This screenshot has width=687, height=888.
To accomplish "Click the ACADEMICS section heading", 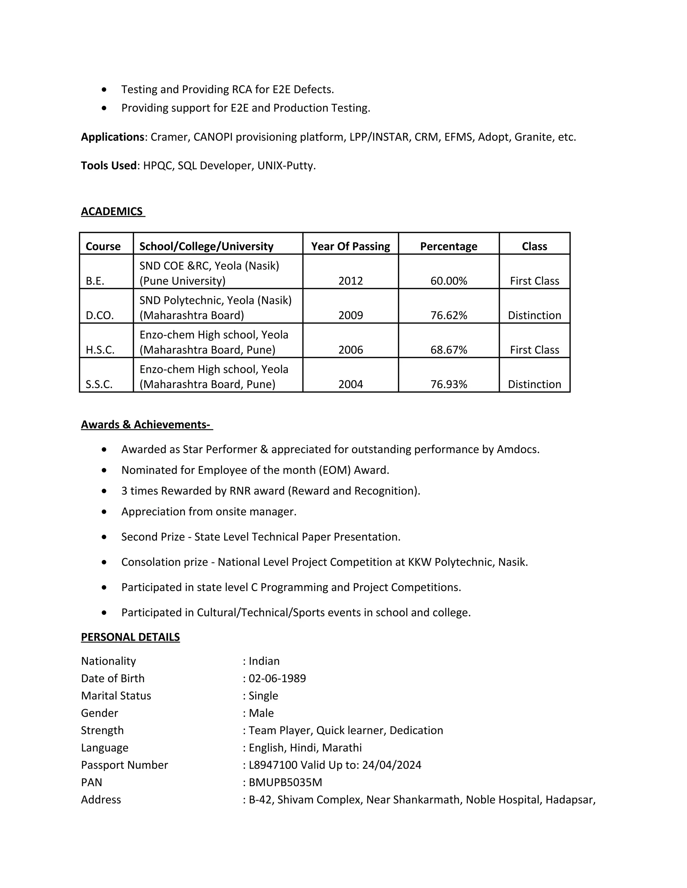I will pos(112,211).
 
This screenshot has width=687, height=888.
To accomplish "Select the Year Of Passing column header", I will pos(351,246).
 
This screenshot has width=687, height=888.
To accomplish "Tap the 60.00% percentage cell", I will pos(448,281).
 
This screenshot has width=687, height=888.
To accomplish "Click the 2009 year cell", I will pos(351,316).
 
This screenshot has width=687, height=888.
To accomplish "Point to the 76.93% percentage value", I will pos(448,384).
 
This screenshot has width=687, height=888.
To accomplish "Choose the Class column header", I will pos(534,246).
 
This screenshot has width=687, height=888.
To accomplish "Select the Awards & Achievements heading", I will pos(146,425).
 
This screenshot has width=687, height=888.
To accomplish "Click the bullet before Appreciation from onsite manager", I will pos(105,511).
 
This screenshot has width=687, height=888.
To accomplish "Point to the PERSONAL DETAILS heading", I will pos(130,637).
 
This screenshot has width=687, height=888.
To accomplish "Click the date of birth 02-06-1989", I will pos(277,678).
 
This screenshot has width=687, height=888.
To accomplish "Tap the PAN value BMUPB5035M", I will pos(285,782).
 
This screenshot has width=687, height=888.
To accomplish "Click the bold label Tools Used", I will pos(109,166).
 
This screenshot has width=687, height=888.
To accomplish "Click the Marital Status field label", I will pos(116,696).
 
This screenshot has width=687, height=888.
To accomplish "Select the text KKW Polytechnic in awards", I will pos(451,562).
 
